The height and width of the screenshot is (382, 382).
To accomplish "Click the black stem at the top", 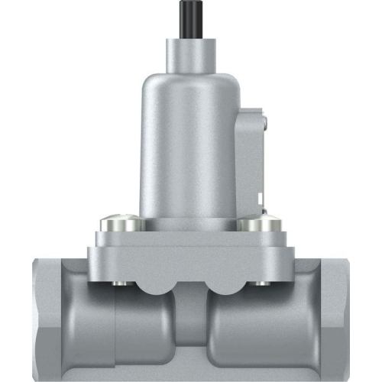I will pos(190,19).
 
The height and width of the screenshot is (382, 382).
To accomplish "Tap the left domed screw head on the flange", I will pos(120,224).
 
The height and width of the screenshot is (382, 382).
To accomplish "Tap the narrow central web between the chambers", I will pos(190,329).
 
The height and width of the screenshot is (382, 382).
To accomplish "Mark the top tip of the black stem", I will pos(190,3).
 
